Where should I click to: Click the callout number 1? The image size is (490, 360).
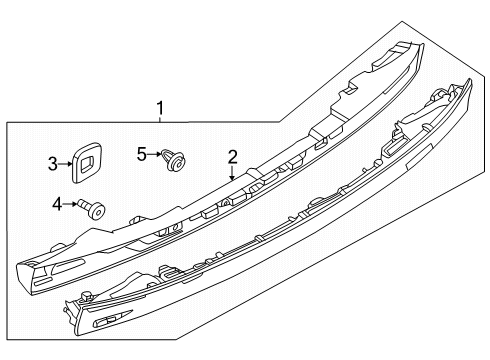point(160,108)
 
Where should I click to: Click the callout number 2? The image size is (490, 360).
point(232,157)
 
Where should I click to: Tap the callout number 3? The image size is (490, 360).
point(53,164)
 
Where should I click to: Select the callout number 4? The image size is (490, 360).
point(57,204)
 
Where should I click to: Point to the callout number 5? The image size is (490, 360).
point(142,154)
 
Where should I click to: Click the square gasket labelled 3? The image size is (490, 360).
point(87,162)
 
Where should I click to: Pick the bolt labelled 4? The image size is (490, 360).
point(91,209)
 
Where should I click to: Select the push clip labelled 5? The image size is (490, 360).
point(173,160)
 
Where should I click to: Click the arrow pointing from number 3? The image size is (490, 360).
point(65,164)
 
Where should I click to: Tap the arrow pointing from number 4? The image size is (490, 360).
point(70,203)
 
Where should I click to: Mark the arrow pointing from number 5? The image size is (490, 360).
point(154,154)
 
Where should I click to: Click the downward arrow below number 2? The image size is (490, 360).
point(232,173)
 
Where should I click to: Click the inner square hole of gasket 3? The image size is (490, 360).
point(89,162)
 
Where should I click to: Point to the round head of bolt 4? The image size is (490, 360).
point(97,211)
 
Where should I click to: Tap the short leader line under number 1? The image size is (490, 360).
point(160,119)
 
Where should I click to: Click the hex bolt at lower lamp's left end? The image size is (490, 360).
point(86,296)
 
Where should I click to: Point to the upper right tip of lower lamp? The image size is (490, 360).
point(470,80)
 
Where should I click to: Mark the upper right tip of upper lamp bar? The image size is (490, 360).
point(423,44)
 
